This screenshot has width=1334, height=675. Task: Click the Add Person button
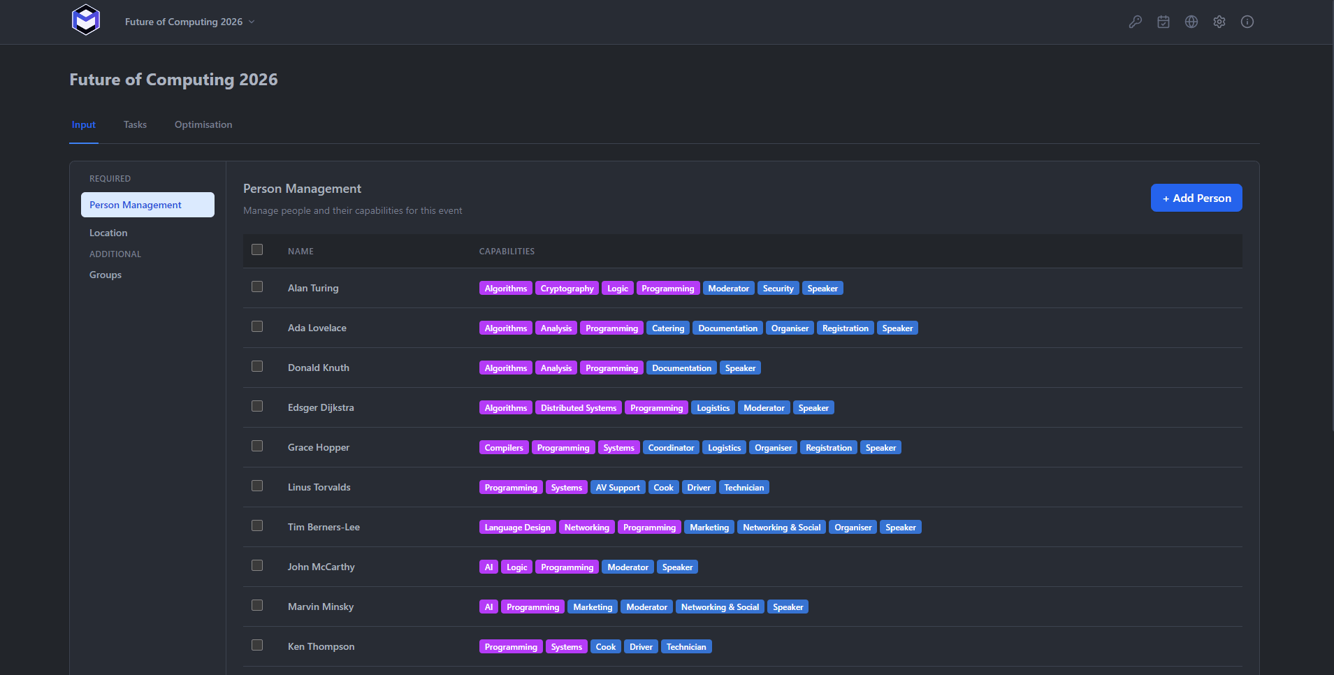[1196, 198]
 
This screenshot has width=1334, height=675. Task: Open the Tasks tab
[135, 124]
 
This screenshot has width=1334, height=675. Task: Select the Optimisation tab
[203, 124]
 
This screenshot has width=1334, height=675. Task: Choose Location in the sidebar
[108, 233]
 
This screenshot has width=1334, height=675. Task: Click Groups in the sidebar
[106, 275]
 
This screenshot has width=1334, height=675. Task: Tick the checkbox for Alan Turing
[257, 286]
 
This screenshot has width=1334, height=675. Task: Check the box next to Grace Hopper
[257, 446]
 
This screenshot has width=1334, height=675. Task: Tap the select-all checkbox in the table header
[257, 249]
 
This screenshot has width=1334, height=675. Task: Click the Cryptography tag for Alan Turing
[567, 288]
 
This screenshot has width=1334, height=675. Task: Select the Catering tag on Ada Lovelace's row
[668, 328]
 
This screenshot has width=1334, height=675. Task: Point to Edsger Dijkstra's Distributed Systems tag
[579, 407]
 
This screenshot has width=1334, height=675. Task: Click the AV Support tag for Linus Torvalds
[618, 487]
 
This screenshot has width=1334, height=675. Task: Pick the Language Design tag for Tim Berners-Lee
[517, 527]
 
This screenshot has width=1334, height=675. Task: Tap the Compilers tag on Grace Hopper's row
[504, 447]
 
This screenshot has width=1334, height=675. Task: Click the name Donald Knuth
[319, 368]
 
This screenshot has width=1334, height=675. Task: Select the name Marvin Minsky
[321, 607]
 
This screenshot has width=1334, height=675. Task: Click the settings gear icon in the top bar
[1219, 22]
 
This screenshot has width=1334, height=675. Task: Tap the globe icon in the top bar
[1191, 22]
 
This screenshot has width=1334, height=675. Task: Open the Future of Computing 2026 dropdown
[189, 22]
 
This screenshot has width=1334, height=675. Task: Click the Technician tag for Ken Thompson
[686, 646]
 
